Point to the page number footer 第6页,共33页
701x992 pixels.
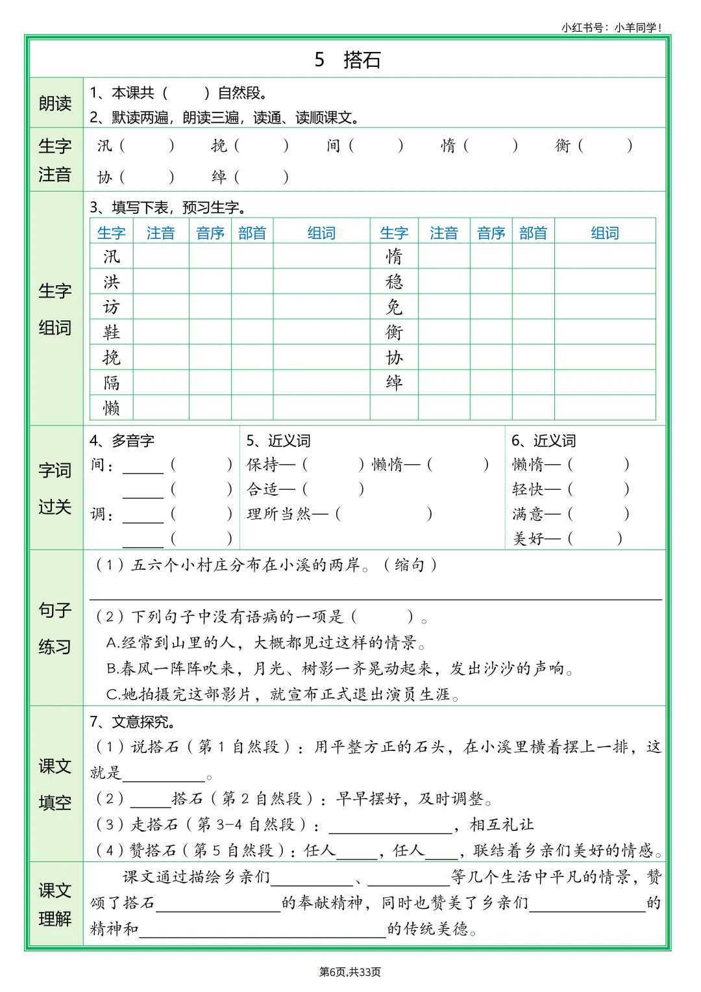[350, 972]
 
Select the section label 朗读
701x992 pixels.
[55, 103]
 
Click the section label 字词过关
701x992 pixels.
[55, 489]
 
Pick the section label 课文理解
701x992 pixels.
[55, 904]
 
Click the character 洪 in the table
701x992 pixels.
[112, 282]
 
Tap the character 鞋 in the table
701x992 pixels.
[112, 332]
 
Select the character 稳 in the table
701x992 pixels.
[394, 282]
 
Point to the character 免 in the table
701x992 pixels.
[394, 307]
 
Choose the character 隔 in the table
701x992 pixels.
[112, 383]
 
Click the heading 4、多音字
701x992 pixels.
[122, 441]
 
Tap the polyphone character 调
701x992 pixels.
[98, 515]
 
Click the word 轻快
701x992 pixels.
[528, 489]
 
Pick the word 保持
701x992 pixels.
[263, 464]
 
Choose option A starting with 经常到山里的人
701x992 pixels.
[266, 642]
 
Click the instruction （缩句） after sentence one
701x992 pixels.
[410, 565]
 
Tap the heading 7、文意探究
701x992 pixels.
[132, 722]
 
